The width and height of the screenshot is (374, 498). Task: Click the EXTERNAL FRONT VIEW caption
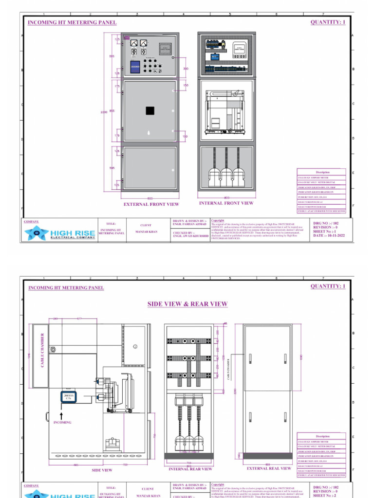(x=151, y=205)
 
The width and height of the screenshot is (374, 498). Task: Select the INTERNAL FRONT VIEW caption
(x=226, y=203)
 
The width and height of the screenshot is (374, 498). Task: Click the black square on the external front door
(x=150, y=111)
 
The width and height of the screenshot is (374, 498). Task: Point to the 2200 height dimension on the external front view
(x=104, y=112)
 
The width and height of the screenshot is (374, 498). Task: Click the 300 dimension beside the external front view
(x=186, y=69)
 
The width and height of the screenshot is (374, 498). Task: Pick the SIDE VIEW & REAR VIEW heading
(x=187, y=304)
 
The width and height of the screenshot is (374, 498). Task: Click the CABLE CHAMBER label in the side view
(x=42, y=350)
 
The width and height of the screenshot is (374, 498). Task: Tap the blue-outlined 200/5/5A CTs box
(x=69, y=397)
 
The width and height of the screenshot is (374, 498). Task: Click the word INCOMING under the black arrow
(x=62, y=423)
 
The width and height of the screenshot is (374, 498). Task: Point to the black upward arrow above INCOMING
(x=62, y=415)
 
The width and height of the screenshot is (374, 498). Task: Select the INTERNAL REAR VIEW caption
(x=190, y=469)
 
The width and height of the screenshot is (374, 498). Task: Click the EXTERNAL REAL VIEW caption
(x=269, y=469)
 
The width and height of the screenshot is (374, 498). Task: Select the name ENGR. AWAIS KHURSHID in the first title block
(x=190, y=236)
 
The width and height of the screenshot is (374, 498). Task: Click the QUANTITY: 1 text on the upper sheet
(x=328, y=22)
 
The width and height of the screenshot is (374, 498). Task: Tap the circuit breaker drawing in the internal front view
(x=225, y=113)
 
